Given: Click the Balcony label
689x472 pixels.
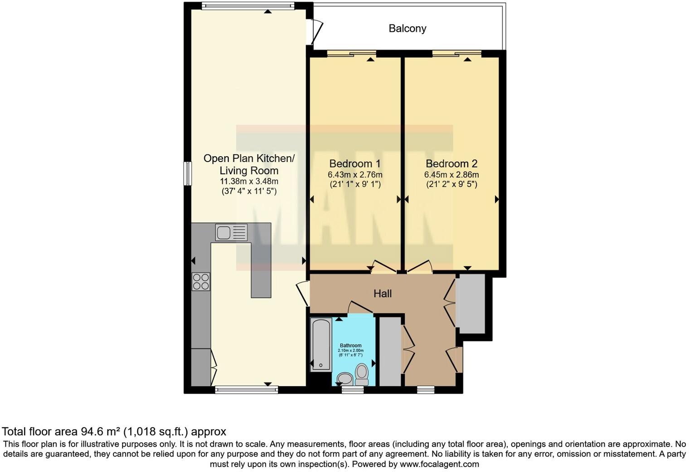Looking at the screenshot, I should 407,29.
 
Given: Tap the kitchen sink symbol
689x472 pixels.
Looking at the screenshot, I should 231,232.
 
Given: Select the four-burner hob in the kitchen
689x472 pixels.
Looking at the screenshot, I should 201,281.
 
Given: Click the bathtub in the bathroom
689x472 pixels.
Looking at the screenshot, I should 321,344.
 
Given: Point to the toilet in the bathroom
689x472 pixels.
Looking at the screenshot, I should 361,374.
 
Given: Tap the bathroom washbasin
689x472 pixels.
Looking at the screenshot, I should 345,378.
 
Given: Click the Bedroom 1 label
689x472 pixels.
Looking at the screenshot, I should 354,163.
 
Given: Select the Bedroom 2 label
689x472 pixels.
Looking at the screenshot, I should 451,163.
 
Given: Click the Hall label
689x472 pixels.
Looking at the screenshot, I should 382,294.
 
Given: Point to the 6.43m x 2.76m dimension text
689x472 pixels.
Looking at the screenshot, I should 354,175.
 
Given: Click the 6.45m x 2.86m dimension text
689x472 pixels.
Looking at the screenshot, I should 451,175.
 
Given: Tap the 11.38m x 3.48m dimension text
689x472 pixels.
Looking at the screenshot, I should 249,181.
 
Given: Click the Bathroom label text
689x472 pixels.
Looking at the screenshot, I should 351,345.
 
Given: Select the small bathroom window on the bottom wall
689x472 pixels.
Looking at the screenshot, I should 352,389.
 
